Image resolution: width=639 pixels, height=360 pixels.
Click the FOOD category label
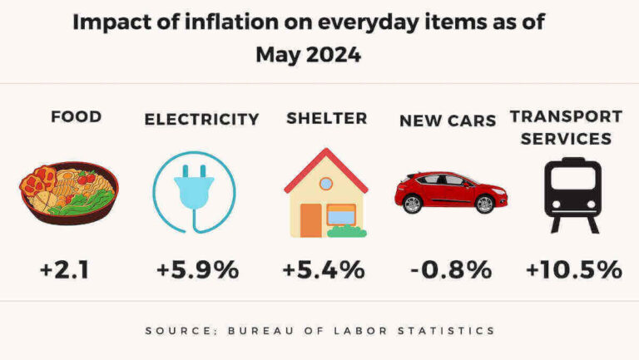(76, 116)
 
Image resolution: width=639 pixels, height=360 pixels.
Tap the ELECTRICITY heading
(201, 119)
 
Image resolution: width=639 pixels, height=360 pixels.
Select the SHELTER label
(326, 118)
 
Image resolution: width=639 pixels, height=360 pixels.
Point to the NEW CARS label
(448, 120)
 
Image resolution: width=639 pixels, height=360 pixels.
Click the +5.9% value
(198, 270)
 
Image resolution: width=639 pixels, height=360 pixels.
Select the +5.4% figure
(324, 270)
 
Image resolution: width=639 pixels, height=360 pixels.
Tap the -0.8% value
(450, 270)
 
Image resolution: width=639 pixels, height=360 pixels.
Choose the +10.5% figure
(574, 270)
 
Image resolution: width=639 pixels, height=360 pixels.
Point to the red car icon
(450, 191)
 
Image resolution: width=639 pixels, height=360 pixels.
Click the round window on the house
(326, 183)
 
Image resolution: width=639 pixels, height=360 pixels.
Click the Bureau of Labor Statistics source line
(319, 331)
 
